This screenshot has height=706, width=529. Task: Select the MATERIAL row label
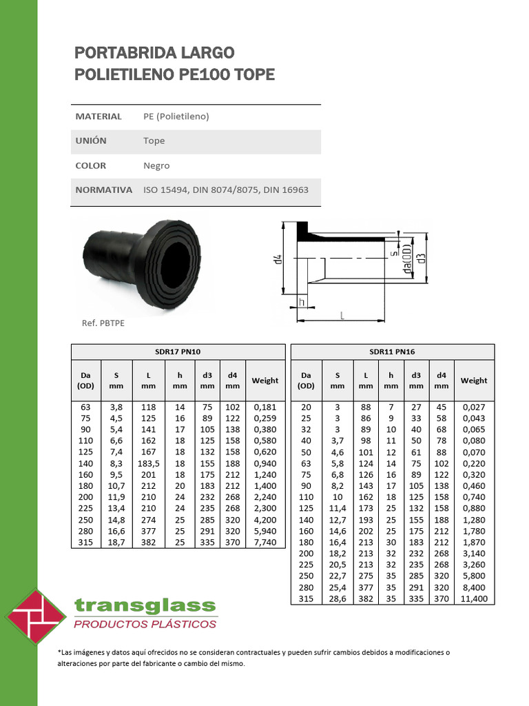[98, 117]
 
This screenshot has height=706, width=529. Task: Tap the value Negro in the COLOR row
[156, 165]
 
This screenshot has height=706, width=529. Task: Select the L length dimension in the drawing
[342, 314]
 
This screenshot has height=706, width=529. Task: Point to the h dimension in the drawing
[302, 301]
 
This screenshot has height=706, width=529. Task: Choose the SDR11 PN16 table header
[392, 352]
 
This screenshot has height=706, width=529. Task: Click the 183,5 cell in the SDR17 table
[148, 464]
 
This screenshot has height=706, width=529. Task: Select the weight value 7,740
[264, 543]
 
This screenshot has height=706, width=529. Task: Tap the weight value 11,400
[473, 599]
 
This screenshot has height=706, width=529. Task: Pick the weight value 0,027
[473, 407]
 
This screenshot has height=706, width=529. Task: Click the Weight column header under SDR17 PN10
[264, 381]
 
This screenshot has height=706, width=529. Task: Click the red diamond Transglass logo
[35, 616]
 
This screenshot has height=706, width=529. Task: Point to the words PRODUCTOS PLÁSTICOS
[145, 625]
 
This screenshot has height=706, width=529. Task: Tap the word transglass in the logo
[145, 606]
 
